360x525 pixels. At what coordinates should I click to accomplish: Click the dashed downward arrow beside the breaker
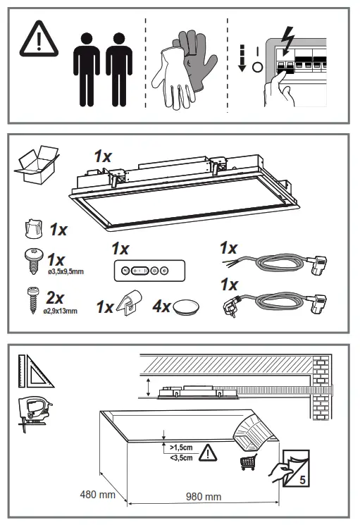point(240,58)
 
